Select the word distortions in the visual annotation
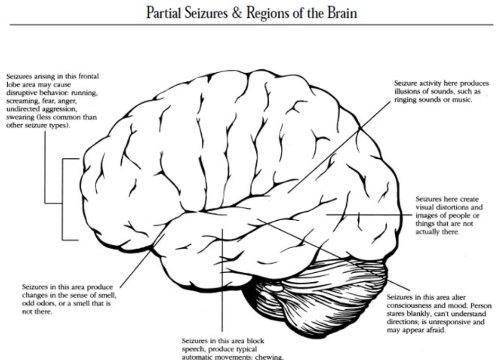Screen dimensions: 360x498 click(x=453, y=208)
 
